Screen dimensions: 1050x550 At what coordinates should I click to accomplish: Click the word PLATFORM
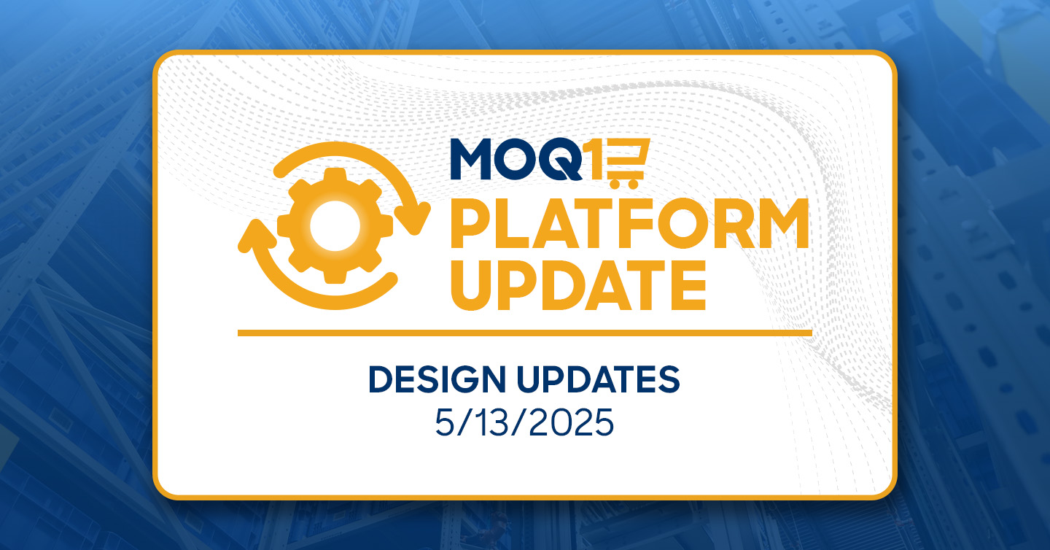[629, 223]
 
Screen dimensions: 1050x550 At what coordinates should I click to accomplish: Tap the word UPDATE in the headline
[578, 285]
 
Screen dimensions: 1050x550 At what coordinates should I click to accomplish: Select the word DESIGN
[437, 379]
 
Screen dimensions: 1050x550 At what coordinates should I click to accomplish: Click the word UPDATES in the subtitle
[598, 379]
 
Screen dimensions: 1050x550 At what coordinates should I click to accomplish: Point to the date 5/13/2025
[524, 422]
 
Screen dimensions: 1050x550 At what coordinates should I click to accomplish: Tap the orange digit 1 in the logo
[595, 159]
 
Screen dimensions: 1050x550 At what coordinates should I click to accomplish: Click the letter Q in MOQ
[561, 160]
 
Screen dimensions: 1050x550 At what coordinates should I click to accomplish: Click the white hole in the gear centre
[335, 226]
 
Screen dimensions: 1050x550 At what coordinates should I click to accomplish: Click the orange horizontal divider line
[524, 333]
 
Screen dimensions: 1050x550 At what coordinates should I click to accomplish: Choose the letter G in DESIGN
[459, 379]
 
